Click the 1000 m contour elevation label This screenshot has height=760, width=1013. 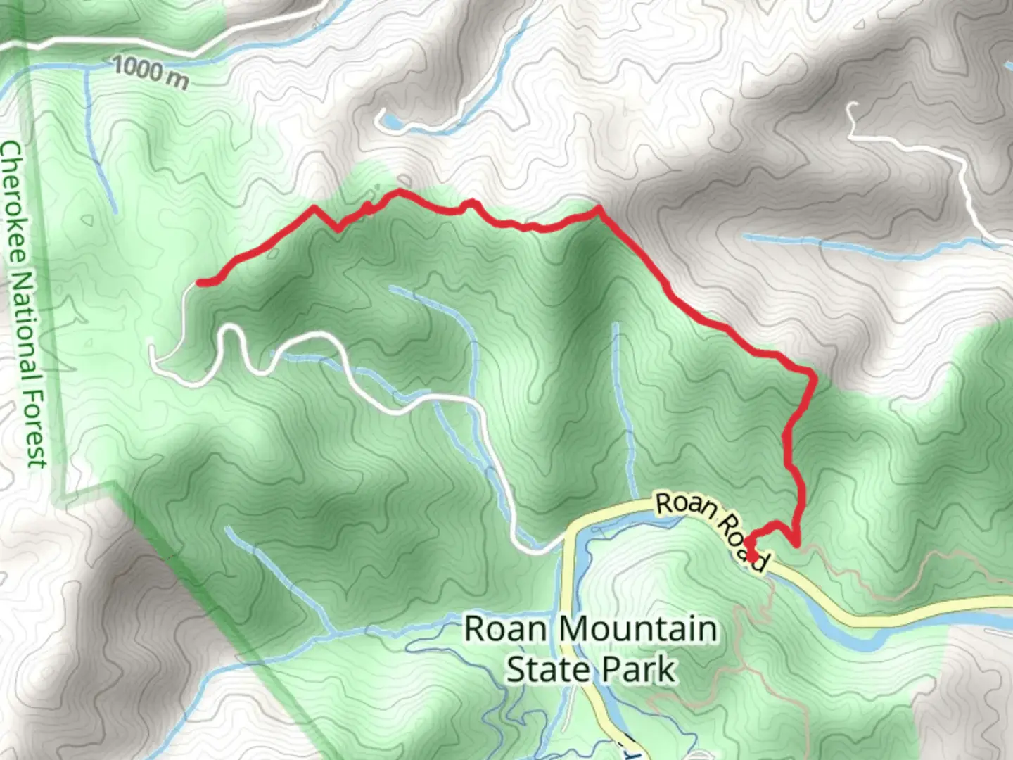(150, 72)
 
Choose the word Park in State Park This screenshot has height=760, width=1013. (639, 669)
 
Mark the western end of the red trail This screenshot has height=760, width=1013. (200, 283)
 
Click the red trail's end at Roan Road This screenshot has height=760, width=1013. (753, 556)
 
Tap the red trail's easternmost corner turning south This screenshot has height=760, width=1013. (814, 376)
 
